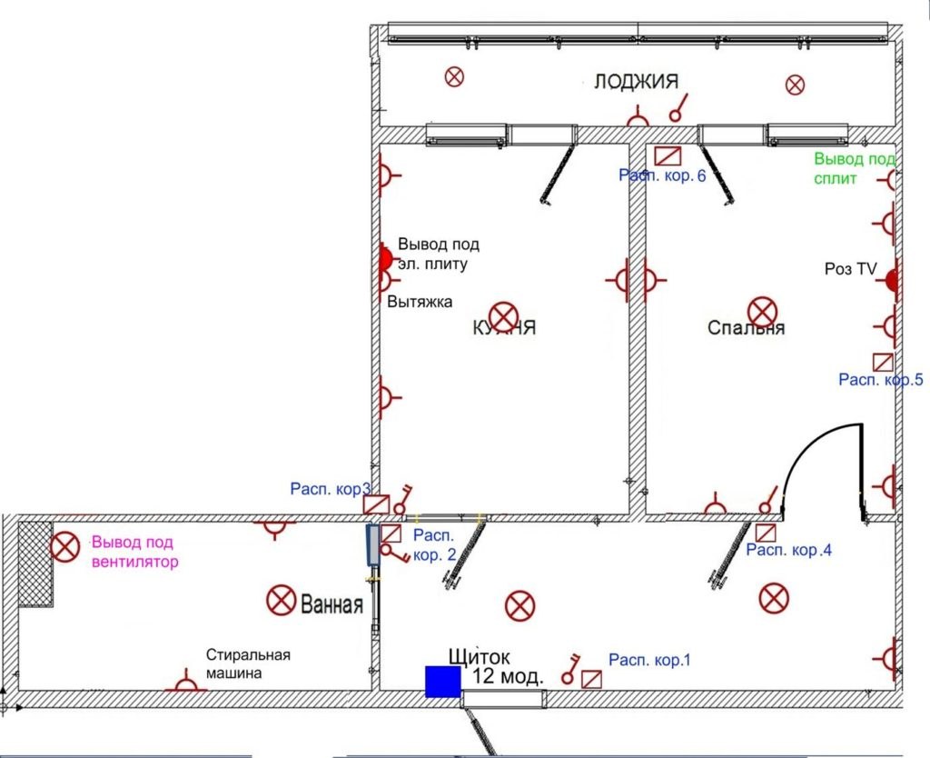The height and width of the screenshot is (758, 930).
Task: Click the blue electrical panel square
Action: tap(442, 682)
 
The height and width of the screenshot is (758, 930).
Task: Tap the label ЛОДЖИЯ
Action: tap(636, 82)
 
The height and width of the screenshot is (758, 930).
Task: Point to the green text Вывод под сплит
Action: tap(854, 169)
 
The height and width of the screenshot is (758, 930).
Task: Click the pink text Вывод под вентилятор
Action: tap(134, 553)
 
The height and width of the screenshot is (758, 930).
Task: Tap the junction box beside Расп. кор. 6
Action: tap(668, 155)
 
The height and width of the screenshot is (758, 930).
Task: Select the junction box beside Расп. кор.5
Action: tap(883, 360)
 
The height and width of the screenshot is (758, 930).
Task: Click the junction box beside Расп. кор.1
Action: tap(592, 678)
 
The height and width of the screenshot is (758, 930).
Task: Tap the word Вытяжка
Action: tap(420, 302)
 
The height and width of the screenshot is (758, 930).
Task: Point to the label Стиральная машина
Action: tap(247, 664)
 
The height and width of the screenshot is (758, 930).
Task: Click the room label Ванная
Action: tap(332, 605)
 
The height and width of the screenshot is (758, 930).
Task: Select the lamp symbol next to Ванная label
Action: tap(281, 600)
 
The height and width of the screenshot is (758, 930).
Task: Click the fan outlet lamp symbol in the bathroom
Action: tap(64, 547)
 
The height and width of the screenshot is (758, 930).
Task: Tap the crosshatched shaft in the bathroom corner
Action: tap(35, 563)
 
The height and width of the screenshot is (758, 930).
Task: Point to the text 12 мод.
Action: tap(509, 676)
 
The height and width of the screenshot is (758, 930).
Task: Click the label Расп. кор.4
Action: tap(788, 550)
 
